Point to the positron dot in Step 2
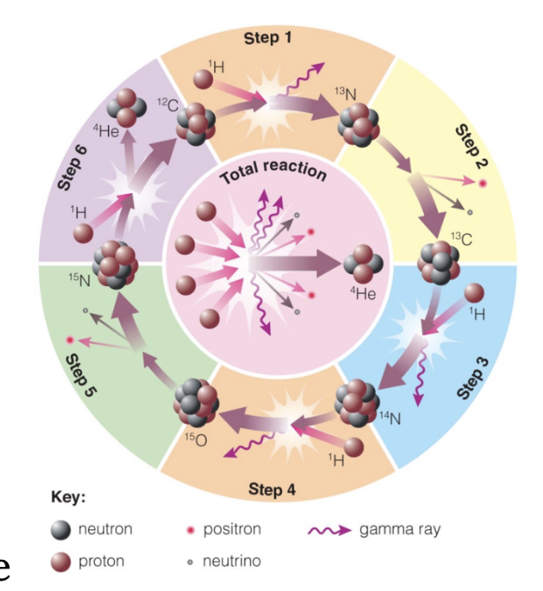pyautogui.click(x=482, y=184)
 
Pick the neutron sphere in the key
pyautogui.click(x=61, y=530)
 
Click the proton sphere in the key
pyautogui.click(x=61, y=561)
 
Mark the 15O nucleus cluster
pyautogui.click(x=196, y=399)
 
